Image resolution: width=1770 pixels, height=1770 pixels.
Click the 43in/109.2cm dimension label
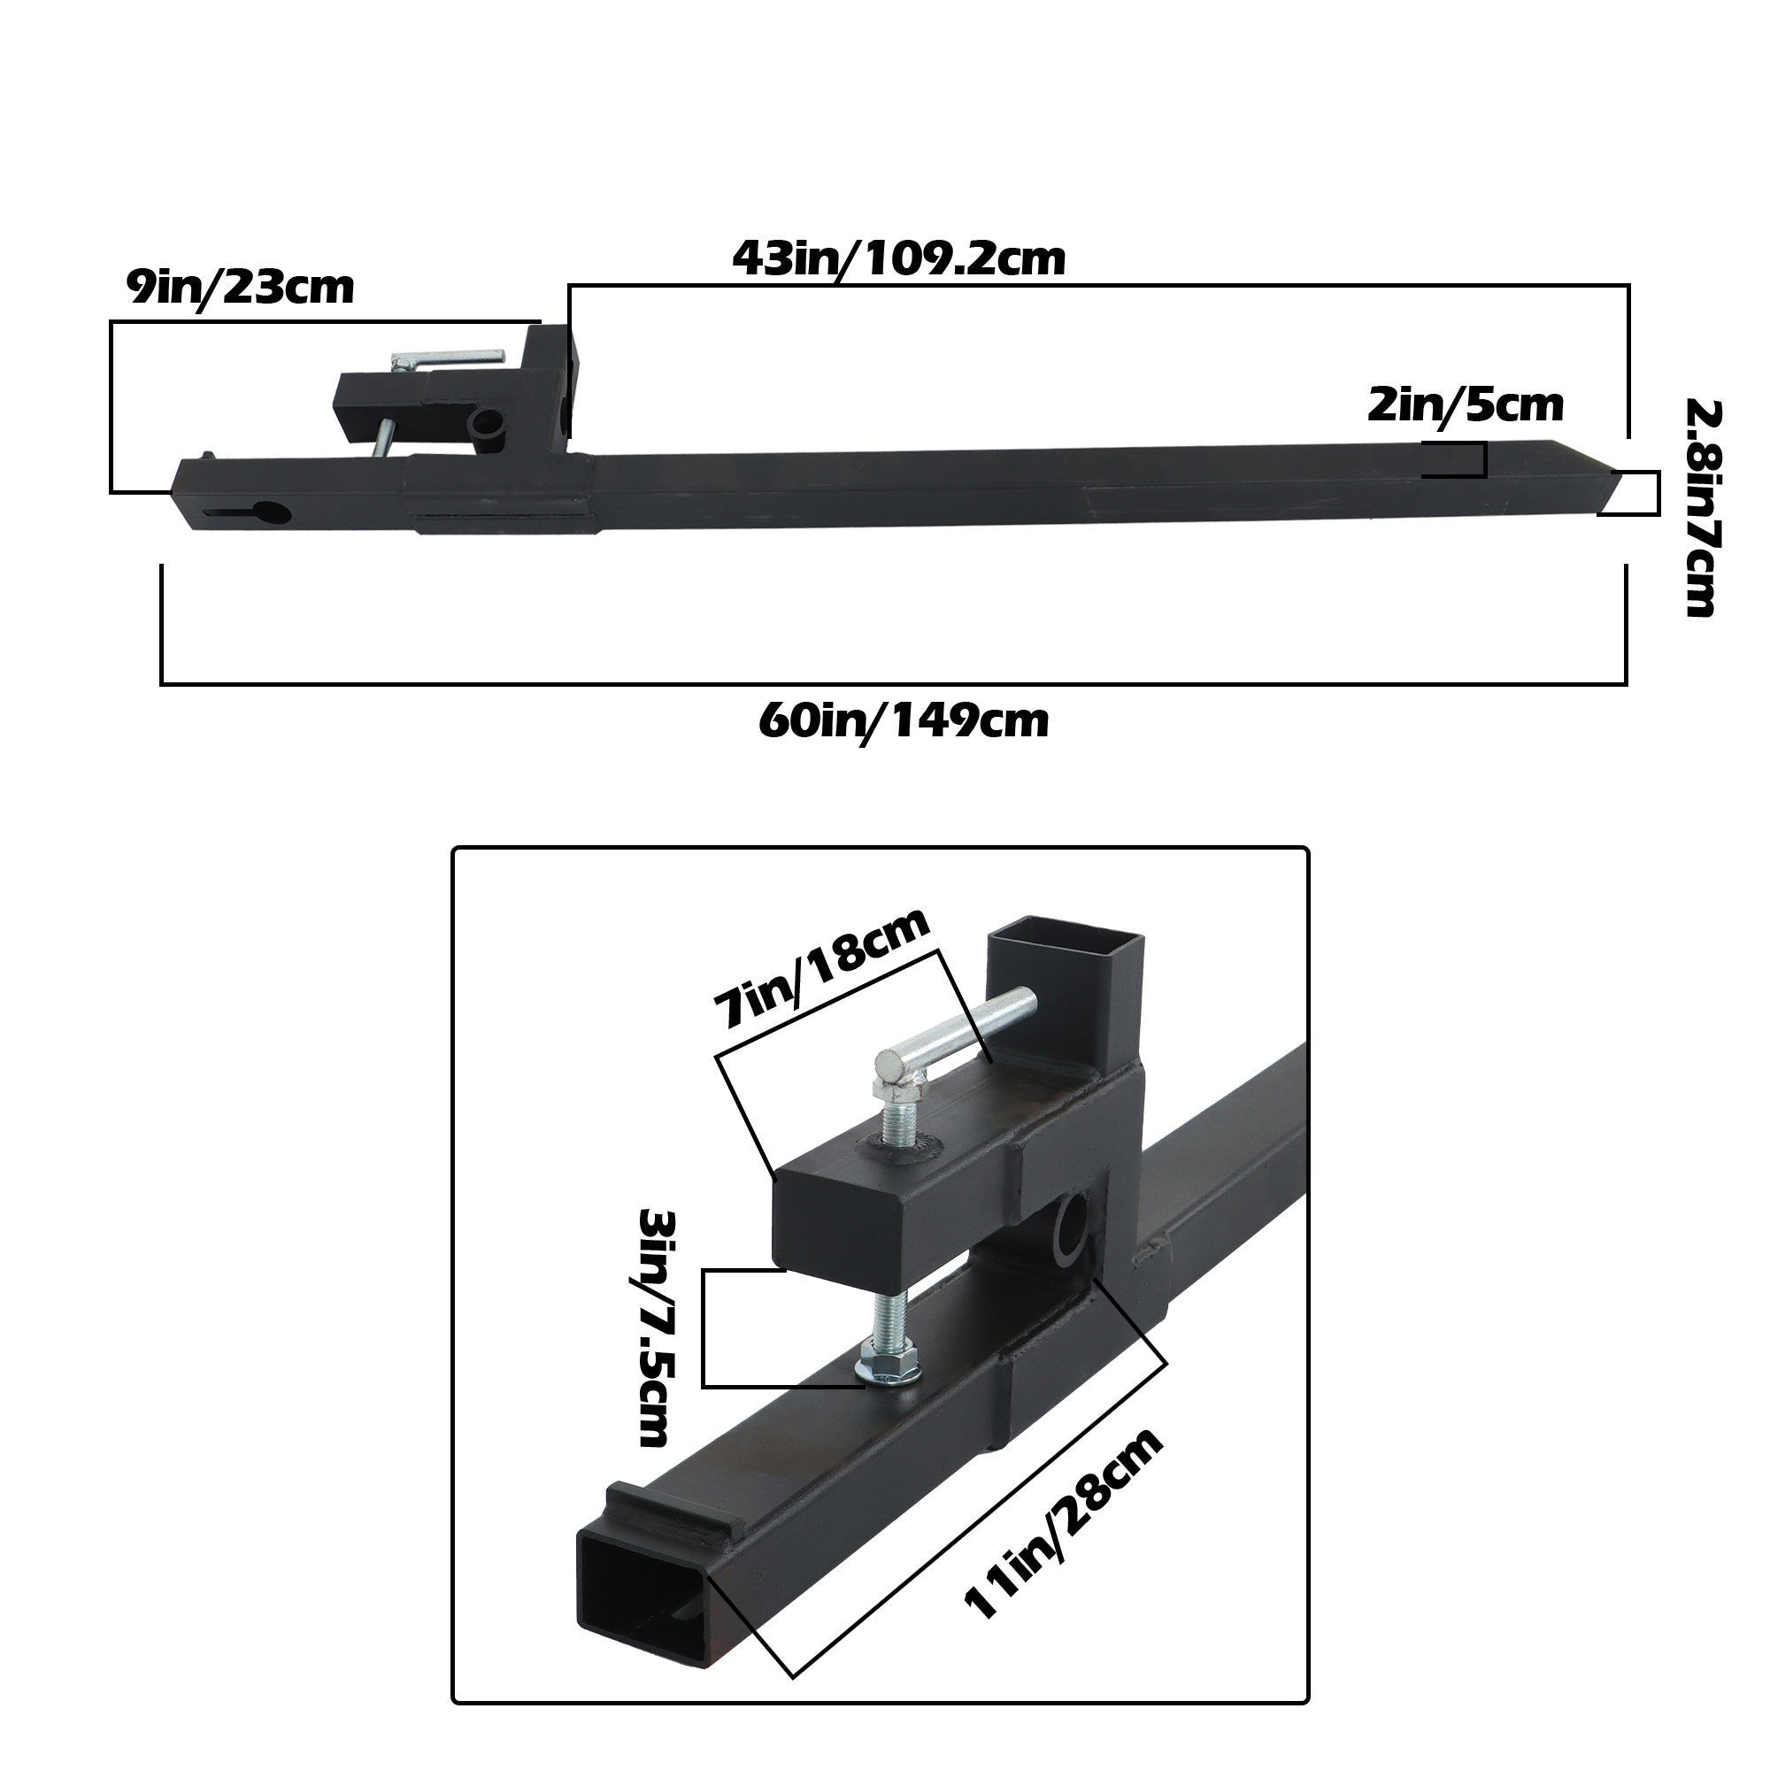pyautogui.click(x=899, y=259)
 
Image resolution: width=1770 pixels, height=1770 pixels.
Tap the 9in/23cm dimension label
pyautogui.click(x=240, y=288)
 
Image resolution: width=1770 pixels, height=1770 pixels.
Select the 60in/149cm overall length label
pyautogui.click(x=904, y=721)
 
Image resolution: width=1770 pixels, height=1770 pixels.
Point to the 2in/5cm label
pyautogui.click(x=1465, y=405)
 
